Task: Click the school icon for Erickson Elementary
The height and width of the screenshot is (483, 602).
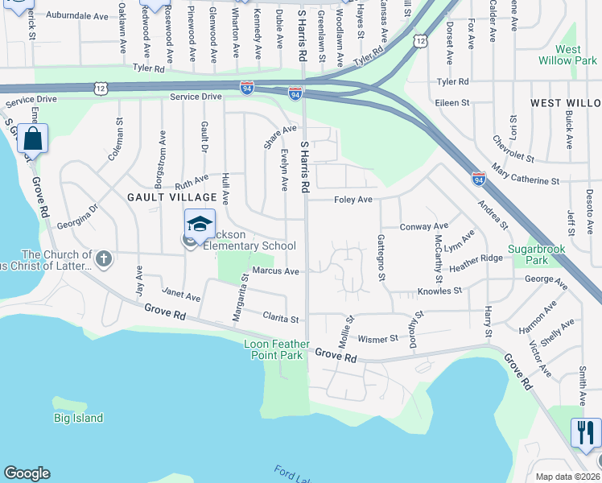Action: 200,223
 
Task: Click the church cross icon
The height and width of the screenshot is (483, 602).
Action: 103,259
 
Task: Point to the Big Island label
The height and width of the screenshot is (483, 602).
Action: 79,418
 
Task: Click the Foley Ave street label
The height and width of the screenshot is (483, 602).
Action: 353,200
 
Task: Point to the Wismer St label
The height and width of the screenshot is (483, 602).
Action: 378,339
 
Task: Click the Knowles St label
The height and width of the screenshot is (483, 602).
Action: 439,291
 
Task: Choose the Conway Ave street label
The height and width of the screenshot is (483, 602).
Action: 423,226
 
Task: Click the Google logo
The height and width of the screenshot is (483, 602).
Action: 27,473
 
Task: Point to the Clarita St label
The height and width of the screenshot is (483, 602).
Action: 282,319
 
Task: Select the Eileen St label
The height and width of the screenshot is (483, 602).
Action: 453,103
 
